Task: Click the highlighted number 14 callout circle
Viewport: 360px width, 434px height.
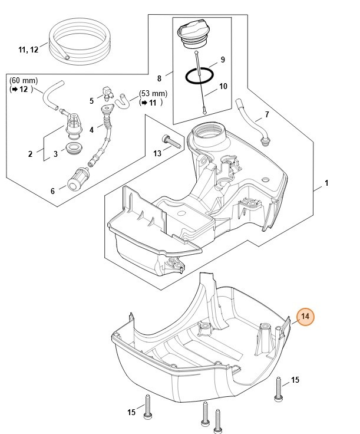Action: pos(305,317)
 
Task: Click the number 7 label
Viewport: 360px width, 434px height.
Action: pos(267,114)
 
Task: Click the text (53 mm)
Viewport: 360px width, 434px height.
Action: pos(153,93)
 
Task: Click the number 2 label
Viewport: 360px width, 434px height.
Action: pos(30,154)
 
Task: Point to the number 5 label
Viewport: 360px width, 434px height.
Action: pos(92,101)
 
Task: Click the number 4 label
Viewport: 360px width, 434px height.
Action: pos(91,130)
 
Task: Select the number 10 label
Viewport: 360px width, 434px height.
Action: pos(223,87)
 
